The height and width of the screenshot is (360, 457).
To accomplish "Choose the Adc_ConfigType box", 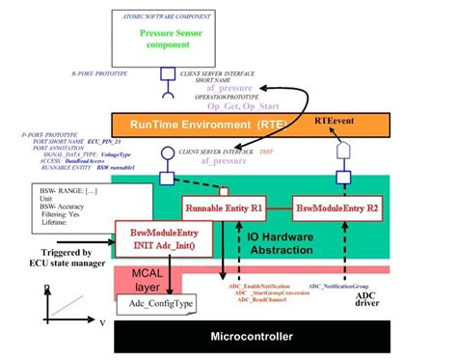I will point(156,305).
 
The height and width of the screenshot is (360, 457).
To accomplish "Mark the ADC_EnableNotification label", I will point(256,287).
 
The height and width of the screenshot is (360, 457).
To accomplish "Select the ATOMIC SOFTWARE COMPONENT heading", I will point(165,16).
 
